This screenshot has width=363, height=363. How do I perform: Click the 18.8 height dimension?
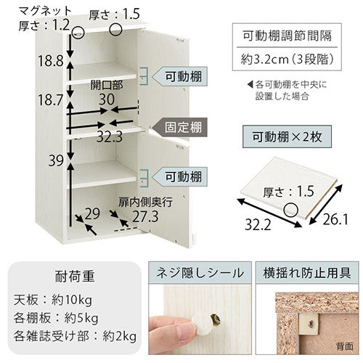pyautogui.click(x=51, y=60)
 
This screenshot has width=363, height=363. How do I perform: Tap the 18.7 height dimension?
pyautogui.click(x=50, y=99)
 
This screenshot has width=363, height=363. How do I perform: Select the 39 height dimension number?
pyautogui.click(x=56, y=160)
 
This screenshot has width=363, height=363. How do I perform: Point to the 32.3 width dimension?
pyautogui.click(x=110, y=137)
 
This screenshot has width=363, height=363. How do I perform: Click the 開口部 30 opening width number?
pyautogui.click(x=107, y=99)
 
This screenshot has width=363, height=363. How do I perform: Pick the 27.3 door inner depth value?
pyautogui.click(x=145, y=216)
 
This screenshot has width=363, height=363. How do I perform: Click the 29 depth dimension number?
pyautogui.click(x=92, y=213)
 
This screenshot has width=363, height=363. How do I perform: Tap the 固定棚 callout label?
pyautogui.click(x=183, y=127)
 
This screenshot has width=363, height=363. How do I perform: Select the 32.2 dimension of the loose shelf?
pyautogui.click(x=258, y=225)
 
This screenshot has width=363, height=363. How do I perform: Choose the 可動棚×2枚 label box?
pyautogui.click(x=287, y=136)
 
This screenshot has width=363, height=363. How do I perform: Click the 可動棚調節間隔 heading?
pyautogui.click(x=287, y=36)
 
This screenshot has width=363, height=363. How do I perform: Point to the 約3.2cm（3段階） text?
pyautogui.click(x=287, y=60)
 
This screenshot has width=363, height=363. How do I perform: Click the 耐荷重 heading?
pyautogui.click(x=75, y=277)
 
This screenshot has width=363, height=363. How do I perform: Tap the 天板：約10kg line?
pyautogui.click(x=53, y=301)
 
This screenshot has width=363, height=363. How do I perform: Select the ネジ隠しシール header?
pyautogui.click(x=200, y=273)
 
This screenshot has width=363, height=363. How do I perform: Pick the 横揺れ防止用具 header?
pyautogui.click(x=307, y=273)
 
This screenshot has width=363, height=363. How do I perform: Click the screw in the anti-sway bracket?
pyautogui.click(x=311, y=323)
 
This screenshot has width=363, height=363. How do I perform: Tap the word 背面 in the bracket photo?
pyautogui.click(x=345, y=346)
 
